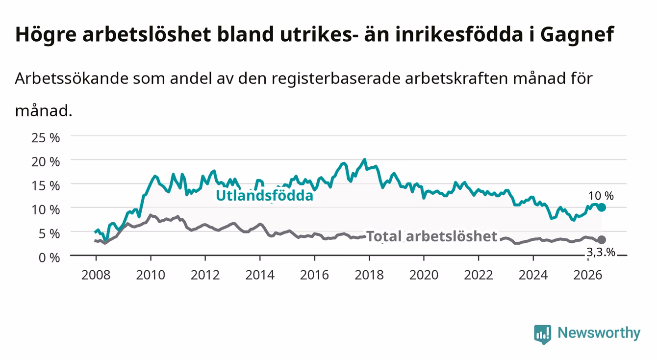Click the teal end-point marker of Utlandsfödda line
click(x=602, y=207)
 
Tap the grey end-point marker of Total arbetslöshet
click(x=602, y=240)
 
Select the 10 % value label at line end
click(x=601, y=196)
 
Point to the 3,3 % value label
click(x=601, y=252)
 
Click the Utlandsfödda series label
click(x=265, y=196)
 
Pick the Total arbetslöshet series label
click(x=432, y=236)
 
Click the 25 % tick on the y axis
click(x=46, y=138)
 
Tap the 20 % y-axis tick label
click(x=46, y=162)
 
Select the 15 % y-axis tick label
click(x=46, y=186)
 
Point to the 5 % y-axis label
click(x=49, y=234)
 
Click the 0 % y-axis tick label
click(x=49, y=258)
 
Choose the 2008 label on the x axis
click(x=96, y=275)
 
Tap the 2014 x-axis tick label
click(x=260, y=275)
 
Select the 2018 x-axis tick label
click(x=369, y=275)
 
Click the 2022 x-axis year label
click(x=479, y=275)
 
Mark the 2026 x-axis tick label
click(x=588, y=275)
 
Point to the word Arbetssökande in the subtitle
click(x=72, y=78)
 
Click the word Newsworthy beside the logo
click(x=599, y=333)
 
